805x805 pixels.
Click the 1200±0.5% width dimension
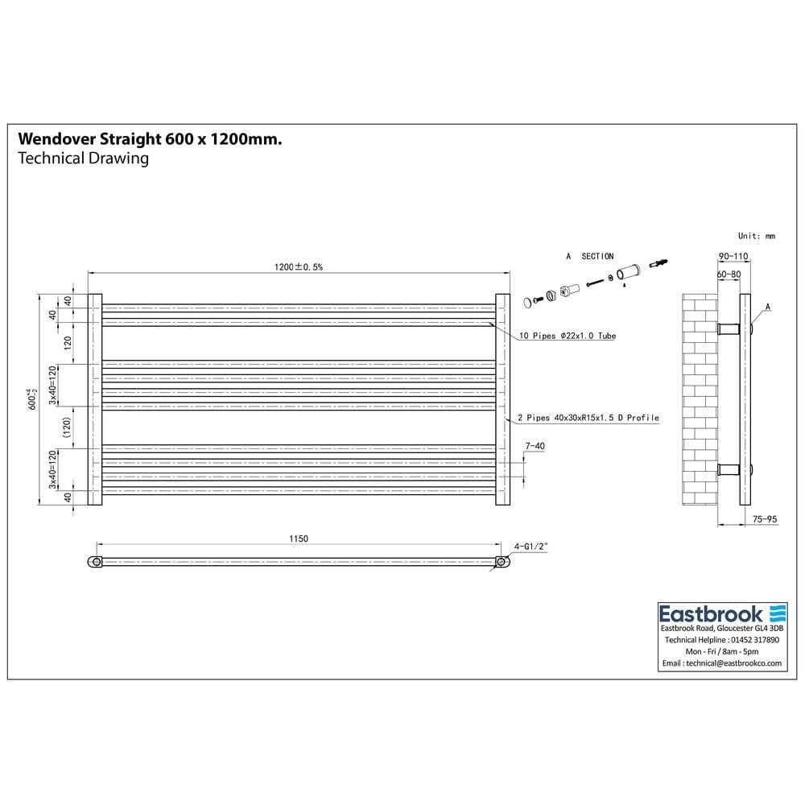click(298, 267)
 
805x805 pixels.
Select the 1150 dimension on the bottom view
click(298, 539)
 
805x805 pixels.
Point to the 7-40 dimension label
click(535, 445)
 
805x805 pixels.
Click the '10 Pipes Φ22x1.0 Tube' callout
click(567, 336)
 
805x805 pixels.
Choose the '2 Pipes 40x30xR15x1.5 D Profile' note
click(588, 418)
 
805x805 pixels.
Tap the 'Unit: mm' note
click(756, 236)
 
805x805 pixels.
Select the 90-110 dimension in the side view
click(733, 257)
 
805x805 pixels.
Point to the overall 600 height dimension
click(33, 400)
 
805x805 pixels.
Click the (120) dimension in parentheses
click(68, 424)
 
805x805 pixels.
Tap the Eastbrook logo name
click(709, 613)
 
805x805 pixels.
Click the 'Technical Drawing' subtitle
click(83, 158)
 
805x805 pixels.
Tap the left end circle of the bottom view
click(97, 561)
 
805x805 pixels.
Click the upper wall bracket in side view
click(729, 328)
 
